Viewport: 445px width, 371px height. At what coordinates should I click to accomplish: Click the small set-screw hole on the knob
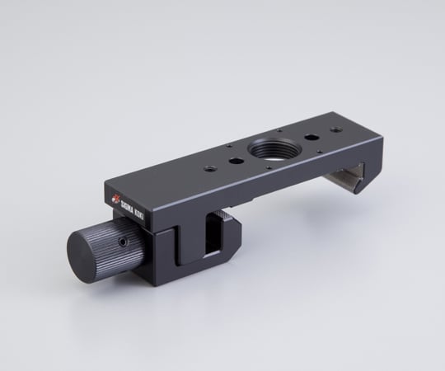click(122, 242)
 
